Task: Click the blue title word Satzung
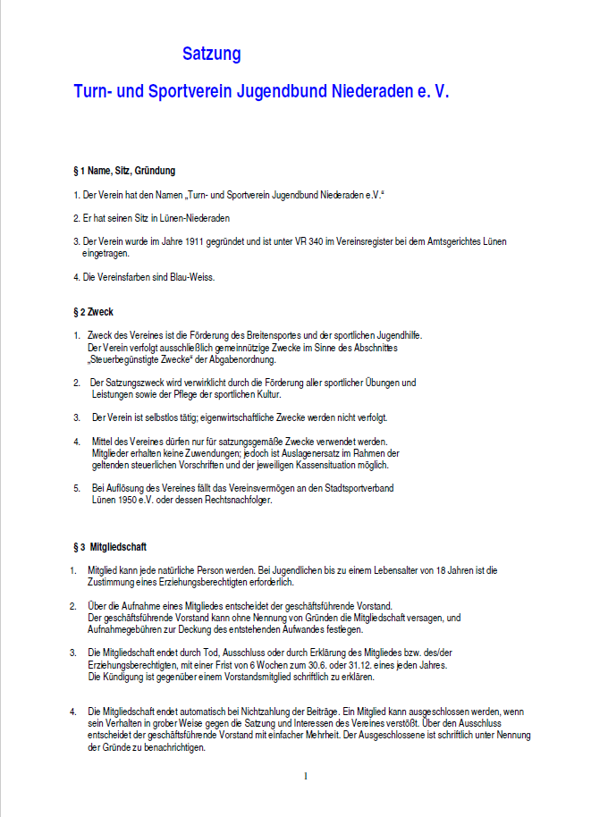[212, 54]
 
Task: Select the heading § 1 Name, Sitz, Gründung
[124, 170]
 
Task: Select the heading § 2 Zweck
[93, 312]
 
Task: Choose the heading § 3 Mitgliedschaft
[110, 546]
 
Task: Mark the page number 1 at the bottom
[306, 776]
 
